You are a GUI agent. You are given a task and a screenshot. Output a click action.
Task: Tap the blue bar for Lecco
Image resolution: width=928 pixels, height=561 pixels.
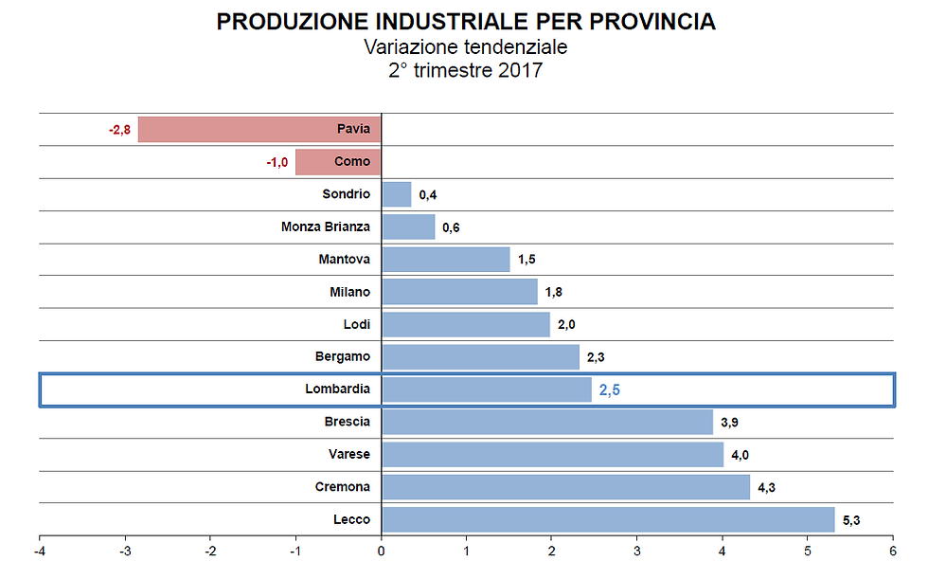[x=608, y=519]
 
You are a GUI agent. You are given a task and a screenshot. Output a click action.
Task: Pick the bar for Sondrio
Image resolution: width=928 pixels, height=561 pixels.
[x=397, y=194]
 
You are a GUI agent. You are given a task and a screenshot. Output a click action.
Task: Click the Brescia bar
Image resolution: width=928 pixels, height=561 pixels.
[x=546, y=422]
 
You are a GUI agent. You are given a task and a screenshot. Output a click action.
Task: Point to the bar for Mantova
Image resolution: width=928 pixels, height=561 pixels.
[x=445, y=260]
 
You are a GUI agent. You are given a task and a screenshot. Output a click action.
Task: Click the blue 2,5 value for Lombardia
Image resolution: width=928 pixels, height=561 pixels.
[x=609, y=389]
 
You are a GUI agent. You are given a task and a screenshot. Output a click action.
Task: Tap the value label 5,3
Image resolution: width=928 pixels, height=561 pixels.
[x=851, y=519]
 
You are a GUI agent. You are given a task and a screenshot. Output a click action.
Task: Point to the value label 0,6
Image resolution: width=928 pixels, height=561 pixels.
[x=451, y=227]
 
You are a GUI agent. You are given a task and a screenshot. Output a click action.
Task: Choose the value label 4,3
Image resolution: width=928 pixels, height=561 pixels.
[x=766, y=487]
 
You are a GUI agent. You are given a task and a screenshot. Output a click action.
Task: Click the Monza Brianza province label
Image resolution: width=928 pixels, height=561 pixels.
[x=326, y=227]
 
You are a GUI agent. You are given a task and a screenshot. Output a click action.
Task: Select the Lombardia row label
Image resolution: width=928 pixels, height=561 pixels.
[x=337, y=389]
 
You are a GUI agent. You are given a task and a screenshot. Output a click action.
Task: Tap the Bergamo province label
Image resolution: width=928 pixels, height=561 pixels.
[x=342, y=356]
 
